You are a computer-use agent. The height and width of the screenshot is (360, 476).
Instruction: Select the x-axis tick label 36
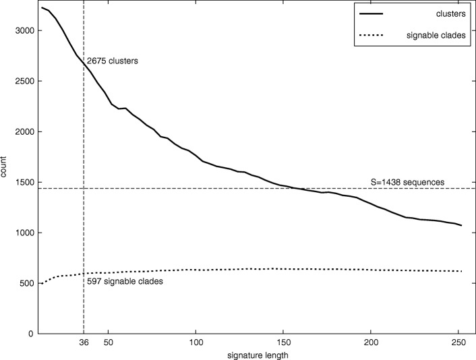tap(84, 342)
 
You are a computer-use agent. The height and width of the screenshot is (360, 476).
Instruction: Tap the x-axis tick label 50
tap(108, 342)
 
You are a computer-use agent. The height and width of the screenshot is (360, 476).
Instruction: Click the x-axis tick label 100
tap(196, 342)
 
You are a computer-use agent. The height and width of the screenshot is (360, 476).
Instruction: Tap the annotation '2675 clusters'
tap(112, 61)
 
